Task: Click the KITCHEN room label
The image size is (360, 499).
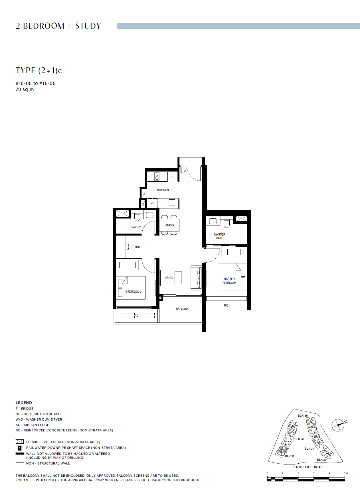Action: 163,190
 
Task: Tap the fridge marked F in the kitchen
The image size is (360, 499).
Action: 172,177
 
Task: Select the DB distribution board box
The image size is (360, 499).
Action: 144,194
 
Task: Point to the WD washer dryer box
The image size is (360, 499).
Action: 153,203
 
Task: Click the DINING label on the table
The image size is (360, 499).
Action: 169,225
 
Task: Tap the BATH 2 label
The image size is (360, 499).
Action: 136,227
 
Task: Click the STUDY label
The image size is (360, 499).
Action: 136,247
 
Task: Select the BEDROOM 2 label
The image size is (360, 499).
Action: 134,292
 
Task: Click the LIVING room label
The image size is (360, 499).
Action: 168,278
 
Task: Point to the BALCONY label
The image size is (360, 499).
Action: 182,309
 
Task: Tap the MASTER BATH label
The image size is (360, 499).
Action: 220,236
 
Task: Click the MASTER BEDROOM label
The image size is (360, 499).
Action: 229,281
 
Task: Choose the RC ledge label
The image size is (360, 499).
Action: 226,305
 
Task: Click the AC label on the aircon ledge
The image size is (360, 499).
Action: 137,316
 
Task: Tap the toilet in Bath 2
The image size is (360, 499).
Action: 137,217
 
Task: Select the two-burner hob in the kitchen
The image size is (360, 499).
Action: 157,177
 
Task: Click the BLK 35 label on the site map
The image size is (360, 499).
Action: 303,415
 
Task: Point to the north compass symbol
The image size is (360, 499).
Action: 339,425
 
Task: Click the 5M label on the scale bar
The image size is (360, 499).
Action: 346,473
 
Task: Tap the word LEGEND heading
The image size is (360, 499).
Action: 24,403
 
